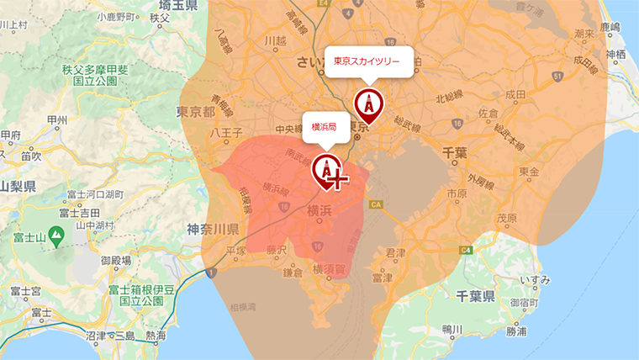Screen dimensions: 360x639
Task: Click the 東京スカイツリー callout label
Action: coord(368,61)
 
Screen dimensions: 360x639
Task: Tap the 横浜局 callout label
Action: coord(324,127)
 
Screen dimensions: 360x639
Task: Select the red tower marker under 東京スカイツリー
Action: coord(367,105)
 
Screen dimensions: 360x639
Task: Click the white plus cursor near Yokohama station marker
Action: coord(336,179)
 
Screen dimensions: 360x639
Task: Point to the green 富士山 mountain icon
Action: coord(56,238)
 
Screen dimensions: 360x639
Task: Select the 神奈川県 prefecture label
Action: coord(214,228)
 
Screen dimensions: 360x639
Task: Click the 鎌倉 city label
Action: coord(293,272)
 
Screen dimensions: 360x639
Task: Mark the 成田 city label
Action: coord(515,94)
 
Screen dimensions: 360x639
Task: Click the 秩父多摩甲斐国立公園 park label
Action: coord(93,75)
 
